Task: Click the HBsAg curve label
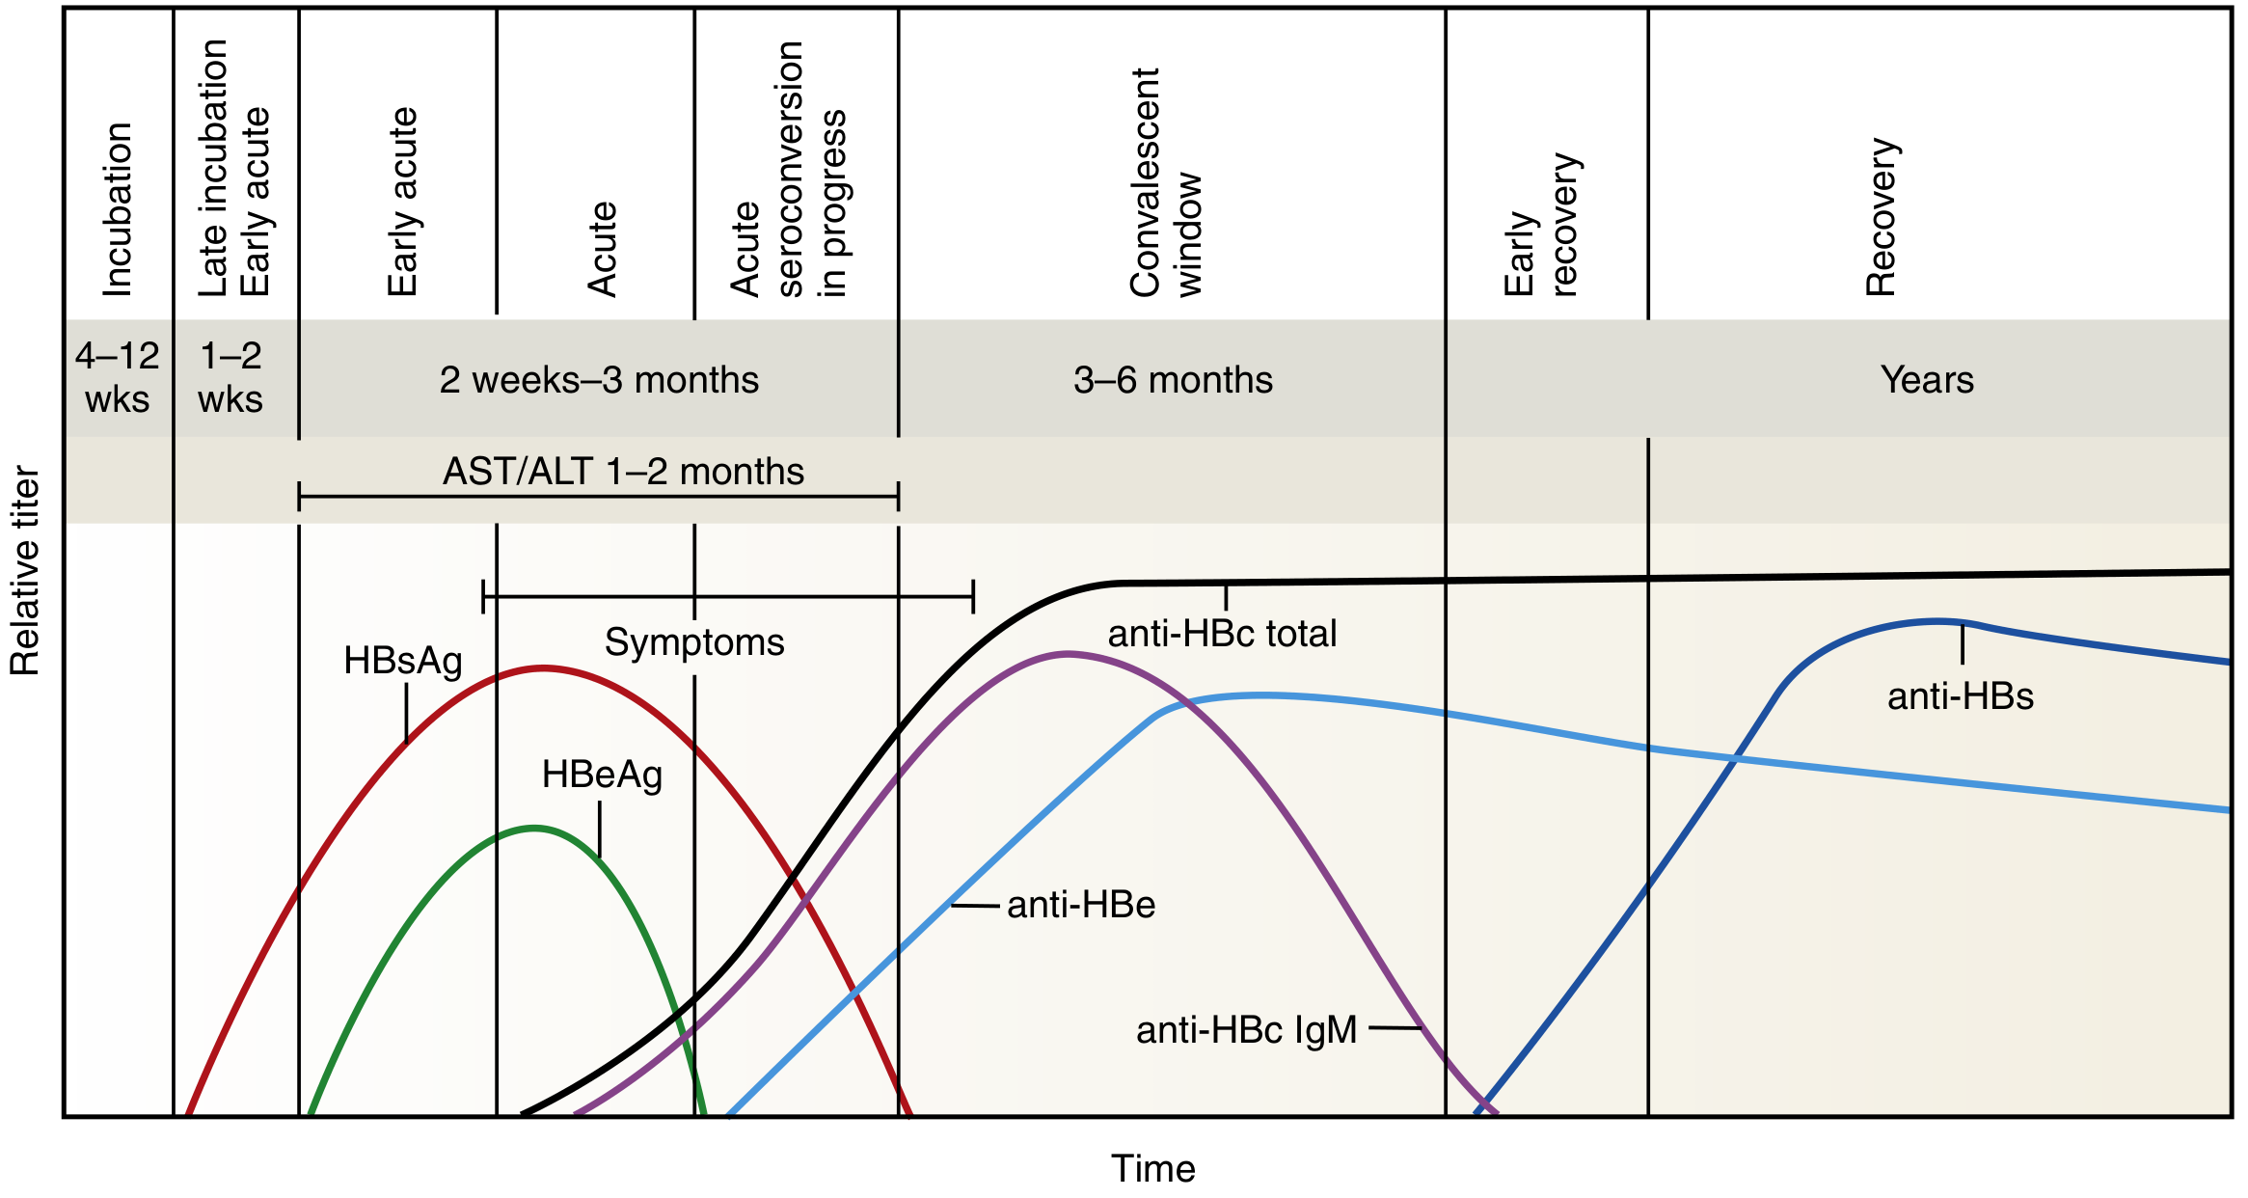403,662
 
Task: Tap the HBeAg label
602,775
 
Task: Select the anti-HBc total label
1222,634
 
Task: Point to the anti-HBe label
1080,905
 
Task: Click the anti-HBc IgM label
1246,1030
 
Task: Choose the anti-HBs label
1960,696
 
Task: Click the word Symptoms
694,642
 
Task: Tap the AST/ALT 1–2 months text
623,472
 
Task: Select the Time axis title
1152,1168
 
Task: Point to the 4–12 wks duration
117,377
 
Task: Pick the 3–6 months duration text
1173,380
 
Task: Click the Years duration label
1927,380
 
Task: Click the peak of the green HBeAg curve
535,828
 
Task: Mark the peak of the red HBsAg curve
543,667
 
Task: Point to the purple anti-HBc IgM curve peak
1068,654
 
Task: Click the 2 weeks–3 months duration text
599,380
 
